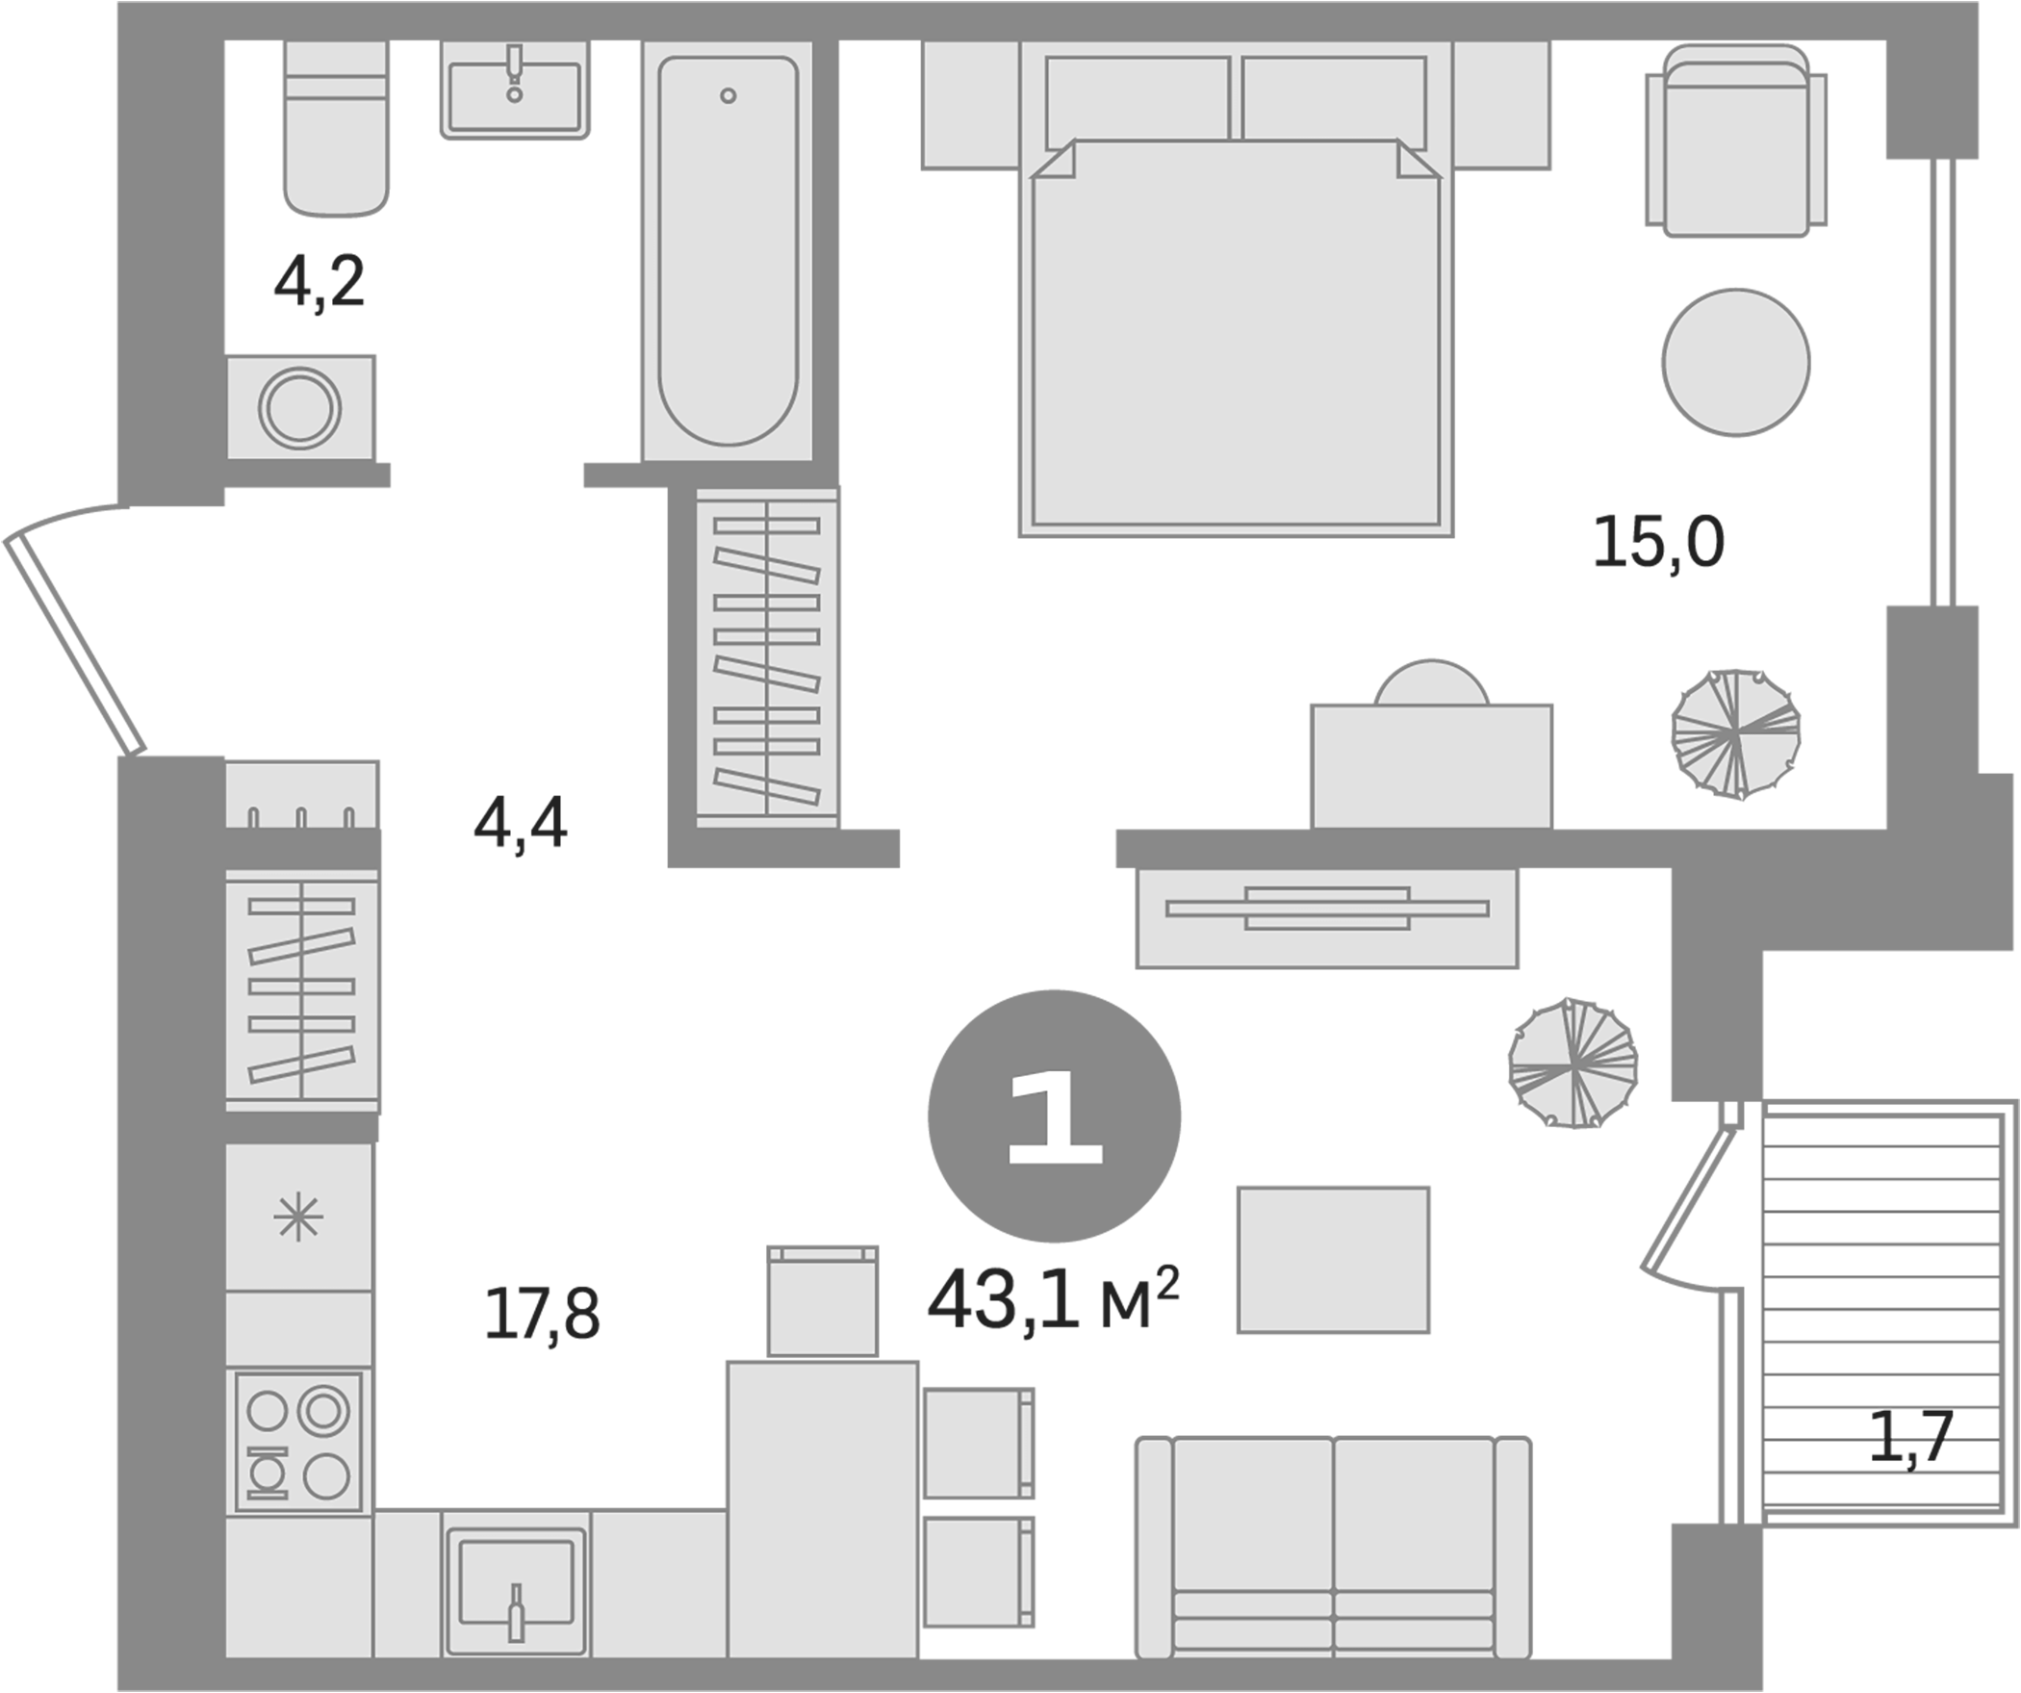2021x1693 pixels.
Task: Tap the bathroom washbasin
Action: [x=515, y=91]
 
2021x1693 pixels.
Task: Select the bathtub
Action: [x=729, y=250]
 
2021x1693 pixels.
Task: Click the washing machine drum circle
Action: [x=299, y=408]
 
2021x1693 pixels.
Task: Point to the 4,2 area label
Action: [x=320, y=283]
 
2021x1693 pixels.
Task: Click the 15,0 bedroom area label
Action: [x=1658, y=543]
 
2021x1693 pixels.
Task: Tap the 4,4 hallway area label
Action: [x=520, y=825]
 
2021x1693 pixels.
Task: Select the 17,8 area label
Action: [x=542, y=1315]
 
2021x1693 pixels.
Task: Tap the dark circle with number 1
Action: [x=1054, y=1116]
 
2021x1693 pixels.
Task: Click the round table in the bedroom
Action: [x=1736, y=362]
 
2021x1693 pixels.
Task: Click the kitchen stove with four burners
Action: [x=298, y=1441]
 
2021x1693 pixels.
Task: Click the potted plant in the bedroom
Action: [x=1736, y=734]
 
